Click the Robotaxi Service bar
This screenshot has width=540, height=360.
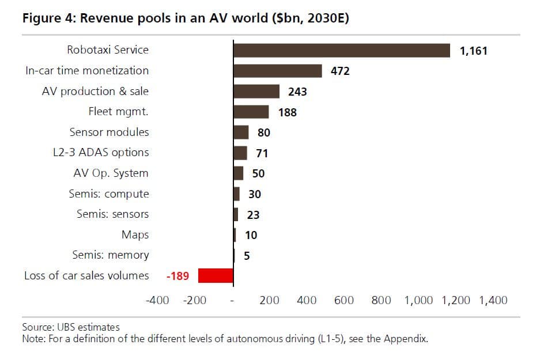coord(341,50)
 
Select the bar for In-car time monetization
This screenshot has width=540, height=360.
coord(277,71)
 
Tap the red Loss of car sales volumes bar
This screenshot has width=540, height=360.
coord(216,275)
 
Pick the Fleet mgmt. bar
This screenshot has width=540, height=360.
coord(251,112)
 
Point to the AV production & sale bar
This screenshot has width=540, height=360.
coord(256,92)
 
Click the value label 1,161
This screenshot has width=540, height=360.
coord(473,51)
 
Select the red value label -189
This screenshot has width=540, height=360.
coord(177,276)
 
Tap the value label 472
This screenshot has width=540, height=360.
coord(340,71)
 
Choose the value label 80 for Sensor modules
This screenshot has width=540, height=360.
coord(263,132)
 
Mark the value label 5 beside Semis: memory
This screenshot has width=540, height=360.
coord(247,256)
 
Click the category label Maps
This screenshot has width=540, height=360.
coord(135,234)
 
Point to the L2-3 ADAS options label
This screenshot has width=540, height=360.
coord(100,153)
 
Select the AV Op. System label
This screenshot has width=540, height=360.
coord(111,173)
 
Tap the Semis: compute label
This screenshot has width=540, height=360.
coord(108,194)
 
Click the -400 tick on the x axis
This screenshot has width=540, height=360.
coord(157,300)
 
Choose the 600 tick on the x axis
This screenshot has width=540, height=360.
coord(343,300)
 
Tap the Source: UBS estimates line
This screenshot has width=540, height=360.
coord(70,327)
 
